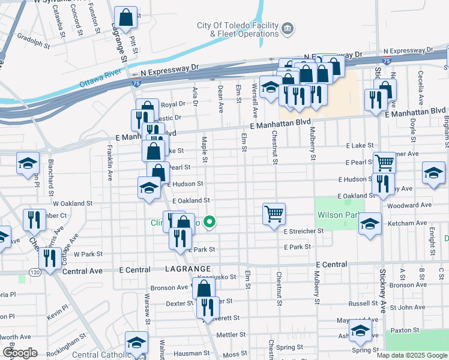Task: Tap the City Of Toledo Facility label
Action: [238, 26]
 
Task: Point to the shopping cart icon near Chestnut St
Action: [274, 213]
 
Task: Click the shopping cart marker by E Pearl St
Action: [384, 162]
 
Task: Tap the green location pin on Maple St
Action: [209, 223]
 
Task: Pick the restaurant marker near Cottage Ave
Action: [47, 258]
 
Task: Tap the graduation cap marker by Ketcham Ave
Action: [370, 224]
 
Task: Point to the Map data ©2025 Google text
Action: [412, 355]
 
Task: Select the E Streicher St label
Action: [304, 231]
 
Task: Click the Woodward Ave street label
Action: [410, 205]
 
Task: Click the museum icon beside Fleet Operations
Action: [288, 28]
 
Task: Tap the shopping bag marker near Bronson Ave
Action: [203, 288]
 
